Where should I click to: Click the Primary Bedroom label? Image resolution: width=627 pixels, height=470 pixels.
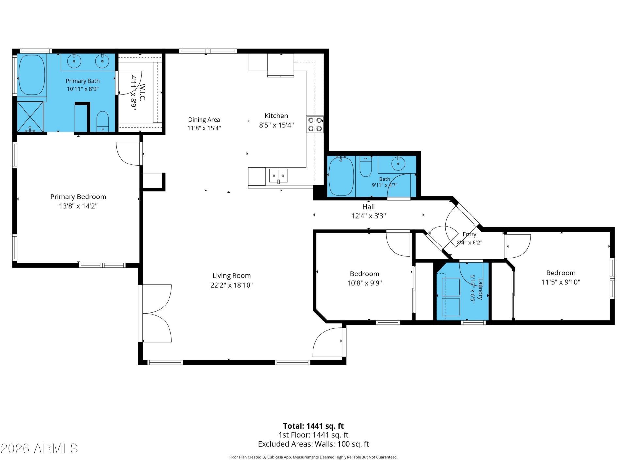point(78,196)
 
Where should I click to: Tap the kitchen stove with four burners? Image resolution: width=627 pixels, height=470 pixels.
point(315,124)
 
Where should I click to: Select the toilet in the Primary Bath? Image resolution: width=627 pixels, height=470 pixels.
point(103,121)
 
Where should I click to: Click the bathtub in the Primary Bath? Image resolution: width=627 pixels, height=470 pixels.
point(32,75)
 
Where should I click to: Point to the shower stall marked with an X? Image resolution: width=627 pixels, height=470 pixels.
point(30,117)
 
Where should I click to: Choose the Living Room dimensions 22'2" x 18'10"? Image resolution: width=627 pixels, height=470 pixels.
point(232,285)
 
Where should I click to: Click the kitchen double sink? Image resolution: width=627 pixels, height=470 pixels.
point(278,176)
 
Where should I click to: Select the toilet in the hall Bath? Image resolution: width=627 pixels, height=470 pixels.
point(365,166)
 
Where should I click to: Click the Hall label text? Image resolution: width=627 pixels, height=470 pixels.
point(368,207)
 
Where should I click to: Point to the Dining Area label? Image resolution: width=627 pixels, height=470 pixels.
point(204,120)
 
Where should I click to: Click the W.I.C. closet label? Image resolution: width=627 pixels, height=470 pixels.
point(142,92)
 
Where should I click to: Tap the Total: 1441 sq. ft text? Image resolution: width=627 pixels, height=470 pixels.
point(313,426)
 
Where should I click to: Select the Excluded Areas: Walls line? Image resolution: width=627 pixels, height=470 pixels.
point(313,444)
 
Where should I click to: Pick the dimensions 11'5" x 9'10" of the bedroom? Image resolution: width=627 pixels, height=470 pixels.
point(561,282)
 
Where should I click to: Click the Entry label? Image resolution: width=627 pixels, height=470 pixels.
point(470,234)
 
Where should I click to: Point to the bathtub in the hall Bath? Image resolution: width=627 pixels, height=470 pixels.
point(341,176)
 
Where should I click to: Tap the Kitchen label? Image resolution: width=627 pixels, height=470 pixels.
point(276,116)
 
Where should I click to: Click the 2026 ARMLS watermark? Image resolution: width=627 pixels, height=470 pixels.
point(40,448)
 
